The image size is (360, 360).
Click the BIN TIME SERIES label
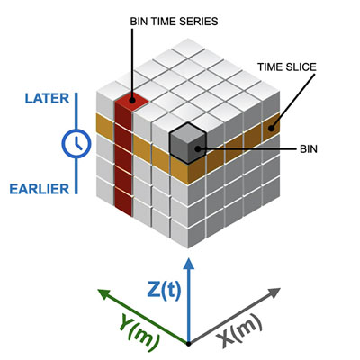174,22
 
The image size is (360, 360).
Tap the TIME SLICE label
287,67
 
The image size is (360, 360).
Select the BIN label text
309,148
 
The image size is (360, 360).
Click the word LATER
47,99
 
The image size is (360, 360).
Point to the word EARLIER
40,189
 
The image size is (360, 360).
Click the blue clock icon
76,143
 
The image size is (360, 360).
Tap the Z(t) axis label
165,290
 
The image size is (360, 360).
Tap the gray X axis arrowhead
274,292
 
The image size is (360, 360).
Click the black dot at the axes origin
188,344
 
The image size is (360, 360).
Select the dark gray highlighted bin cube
188,143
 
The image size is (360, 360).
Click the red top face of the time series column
131,100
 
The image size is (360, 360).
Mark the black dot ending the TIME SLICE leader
271,128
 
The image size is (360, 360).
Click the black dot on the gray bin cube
197,148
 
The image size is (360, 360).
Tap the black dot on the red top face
132,101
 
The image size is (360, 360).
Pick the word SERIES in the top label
199,22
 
